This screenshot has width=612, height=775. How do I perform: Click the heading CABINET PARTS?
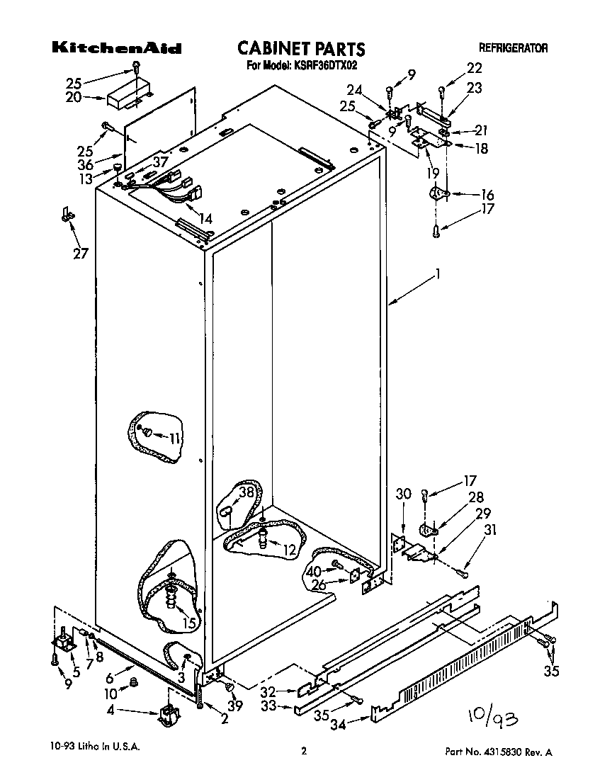(301, 48)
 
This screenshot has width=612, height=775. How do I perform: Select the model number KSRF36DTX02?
(327, 66)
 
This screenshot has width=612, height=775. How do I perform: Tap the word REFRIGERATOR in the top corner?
(513, 49)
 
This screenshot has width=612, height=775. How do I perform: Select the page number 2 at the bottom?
(303, 752)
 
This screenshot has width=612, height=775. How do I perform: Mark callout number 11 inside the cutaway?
(174, 439)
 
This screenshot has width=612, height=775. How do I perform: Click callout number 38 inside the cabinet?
(246, 493)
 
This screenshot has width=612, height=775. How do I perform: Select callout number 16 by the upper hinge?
(467, 195)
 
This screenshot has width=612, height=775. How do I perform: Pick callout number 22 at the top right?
(474, 68)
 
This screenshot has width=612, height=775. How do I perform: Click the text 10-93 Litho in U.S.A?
(95, 747)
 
